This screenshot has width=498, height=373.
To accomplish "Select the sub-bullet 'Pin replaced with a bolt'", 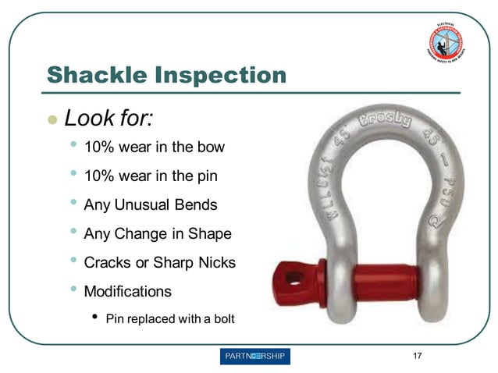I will pyautogui.click(x=169, y=318).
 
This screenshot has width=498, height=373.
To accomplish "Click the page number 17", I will pyautogui.click(x=418, y=357).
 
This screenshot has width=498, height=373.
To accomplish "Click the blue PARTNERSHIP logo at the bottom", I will pyautogui.click(x=255, y=357).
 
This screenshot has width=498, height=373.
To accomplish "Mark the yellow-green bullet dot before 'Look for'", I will pyautogui.click(x=52, y=120).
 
